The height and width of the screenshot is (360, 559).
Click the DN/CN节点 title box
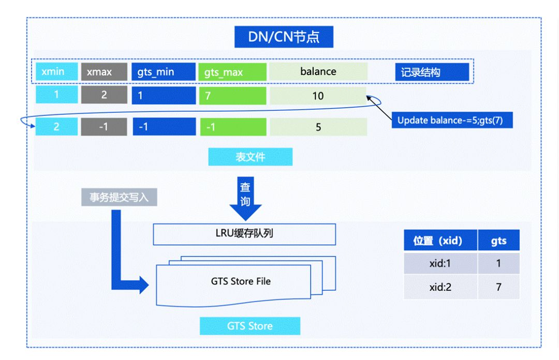point(283,37)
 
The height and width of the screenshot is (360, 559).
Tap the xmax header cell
point(104,72)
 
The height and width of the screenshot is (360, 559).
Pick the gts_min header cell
point(164,72)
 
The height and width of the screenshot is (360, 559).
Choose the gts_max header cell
point(232,72)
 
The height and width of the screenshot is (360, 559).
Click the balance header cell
point(318,72)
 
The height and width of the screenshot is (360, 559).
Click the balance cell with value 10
point(318,96)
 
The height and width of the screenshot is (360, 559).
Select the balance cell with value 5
point(318,127)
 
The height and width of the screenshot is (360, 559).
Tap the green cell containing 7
point(232,96)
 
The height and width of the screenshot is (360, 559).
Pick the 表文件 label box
point(250,157)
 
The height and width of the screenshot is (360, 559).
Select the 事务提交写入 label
point(119,198)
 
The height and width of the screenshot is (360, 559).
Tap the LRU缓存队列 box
point(244,234)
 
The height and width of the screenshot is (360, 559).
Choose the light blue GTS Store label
point(249,326)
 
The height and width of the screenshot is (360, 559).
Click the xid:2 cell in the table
point(441,287)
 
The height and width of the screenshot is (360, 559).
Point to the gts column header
point(498,241)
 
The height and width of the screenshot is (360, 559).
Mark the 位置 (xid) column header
point(441,241)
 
